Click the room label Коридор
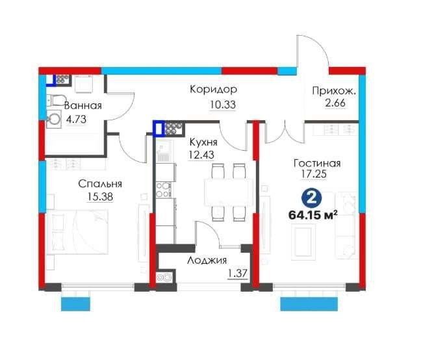pyautogui.click(x=213, y=90)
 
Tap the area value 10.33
pyautogui.click(x=223, y=105)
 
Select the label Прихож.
pyautogui.click(x=334, y=91)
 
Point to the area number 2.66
pyautogui.click(x=335, y=103)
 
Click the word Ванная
pyautogui.click(x=83, y=105)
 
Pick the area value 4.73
pyautogui.click(x=76, y=120)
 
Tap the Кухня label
pyautogui.click(x=203, y=142)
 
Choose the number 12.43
pyautogui.click(x=201, y=155)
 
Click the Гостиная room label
pyautogui.click(x=317, y=163)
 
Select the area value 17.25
pyautogui.click(x=314, y=174)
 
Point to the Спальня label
pyautogui.click(x=100, y=184)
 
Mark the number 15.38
pyautogui.click(x=100, y=197)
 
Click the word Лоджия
pyautogui.click(x=207, y=261)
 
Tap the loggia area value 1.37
pyautogui.click(x=237, y=274)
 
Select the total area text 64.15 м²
pyautogui.click(x=313, y=214)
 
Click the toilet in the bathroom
pyautogui.click(x=56, y=100)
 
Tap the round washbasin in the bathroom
pyautogui.click(x=54, y=119)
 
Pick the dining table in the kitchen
pyautogui.click(x=229, y=192)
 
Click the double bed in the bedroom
pyautogui.click(x=77, y=231)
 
